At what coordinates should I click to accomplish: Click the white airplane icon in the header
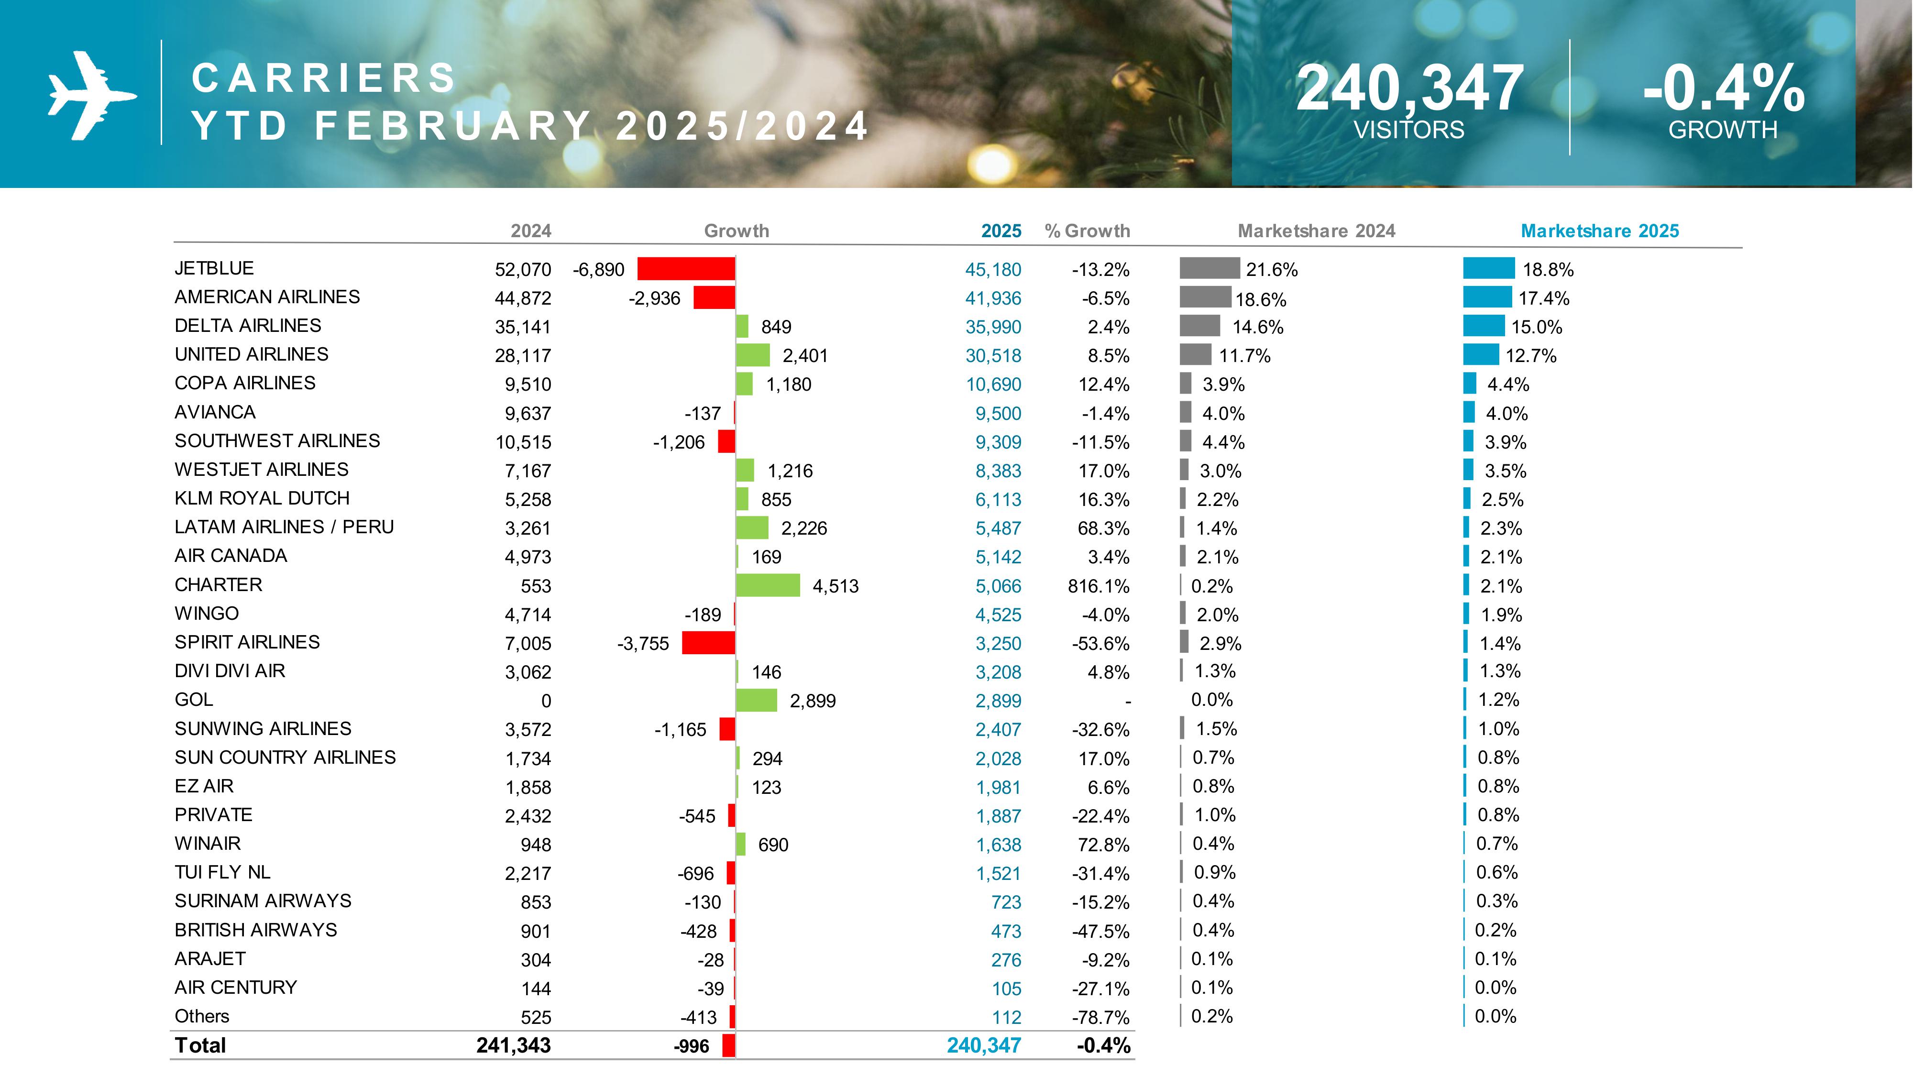point(90,95)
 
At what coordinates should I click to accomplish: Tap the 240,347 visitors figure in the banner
point(1409,88)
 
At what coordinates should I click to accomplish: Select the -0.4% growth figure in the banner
point(1723,88)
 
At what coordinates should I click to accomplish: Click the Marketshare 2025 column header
point(1600,231)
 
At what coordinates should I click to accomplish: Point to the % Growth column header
point(1087,231)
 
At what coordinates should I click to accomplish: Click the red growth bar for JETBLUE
point(685,269)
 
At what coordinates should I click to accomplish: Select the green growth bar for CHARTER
point(768,585)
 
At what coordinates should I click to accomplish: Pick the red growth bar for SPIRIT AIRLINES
point(708,643)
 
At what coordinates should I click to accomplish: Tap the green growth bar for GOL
point(756,700)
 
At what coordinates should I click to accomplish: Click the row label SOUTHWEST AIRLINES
point(277,441)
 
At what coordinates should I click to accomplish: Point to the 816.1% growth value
point(1099,586)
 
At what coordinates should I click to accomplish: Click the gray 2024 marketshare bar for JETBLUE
point(1209,268)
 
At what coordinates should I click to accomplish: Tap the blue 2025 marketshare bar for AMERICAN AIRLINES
point(1487,297)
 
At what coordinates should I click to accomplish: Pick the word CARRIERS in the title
point(324,78)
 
